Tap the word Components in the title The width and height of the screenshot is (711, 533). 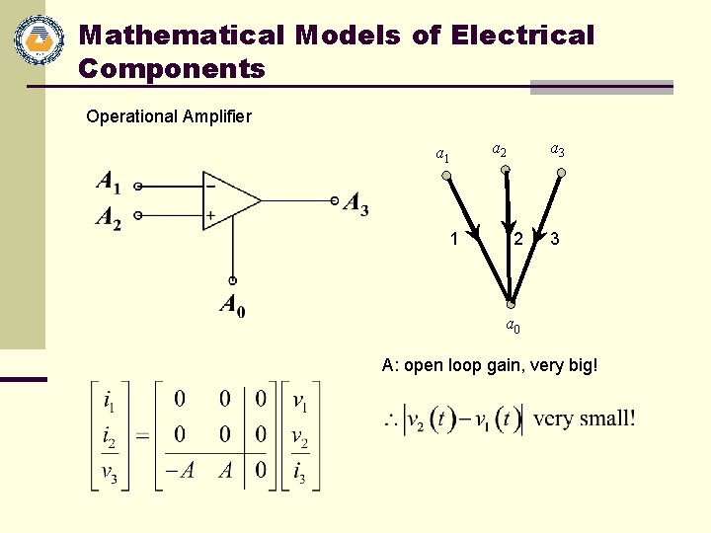tap(172, 69)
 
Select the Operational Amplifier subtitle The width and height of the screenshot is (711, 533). tap(169, 116)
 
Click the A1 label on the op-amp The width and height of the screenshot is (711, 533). tap(110, 183)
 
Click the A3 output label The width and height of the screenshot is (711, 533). tap(355, 204)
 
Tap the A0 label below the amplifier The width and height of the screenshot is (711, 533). tap(232, 307)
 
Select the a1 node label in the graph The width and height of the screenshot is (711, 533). tap(443, 155)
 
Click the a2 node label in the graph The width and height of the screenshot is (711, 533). tap(500, 151)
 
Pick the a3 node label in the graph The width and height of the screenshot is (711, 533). tap(557, 151)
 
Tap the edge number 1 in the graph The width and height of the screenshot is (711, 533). tap(453, 238)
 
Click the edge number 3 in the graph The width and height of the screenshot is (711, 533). tap(556, 239)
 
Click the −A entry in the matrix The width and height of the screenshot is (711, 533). tap(179, 471)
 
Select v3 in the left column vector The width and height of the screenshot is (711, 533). tap(112, 471)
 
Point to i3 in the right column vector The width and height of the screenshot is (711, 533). tap(299, 471)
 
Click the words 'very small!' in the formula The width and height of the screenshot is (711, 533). tap(584, 419)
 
